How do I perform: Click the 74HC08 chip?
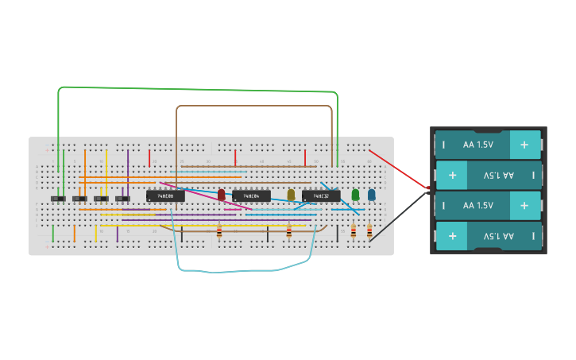point(165,195)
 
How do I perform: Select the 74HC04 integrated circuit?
point(251,195)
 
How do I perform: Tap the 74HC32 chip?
point(320,195)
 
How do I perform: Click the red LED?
point(222,195)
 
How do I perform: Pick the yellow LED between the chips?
point(291,195)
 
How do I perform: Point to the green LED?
point(355,194)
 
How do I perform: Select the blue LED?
point(371,194)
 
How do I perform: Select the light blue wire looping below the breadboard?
point(238,271)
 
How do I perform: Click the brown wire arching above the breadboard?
point(254,106)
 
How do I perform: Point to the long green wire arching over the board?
point(199,88)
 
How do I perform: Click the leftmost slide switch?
point(58,199)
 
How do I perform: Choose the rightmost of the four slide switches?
point(122,199)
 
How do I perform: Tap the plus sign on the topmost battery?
point(524,145)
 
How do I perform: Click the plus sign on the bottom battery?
point(452,236)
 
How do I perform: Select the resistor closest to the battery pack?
point(369,231)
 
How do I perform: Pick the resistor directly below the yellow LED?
point(289,231)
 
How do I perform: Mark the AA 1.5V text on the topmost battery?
point(478,145)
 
